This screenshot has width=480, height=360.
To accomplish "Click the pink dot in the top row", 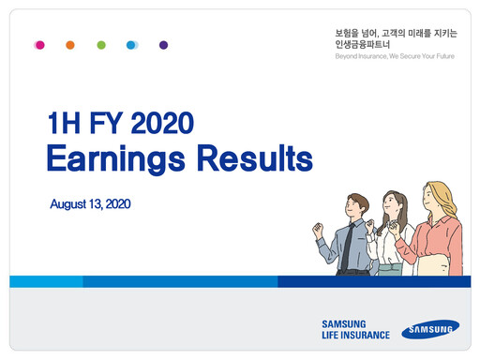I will [x=39, y=44].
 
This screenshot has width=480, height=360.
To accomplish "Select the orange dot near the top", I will [x=70, y=44].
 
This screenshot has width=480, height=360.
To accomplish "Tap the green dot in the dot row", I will [x=101, y=44].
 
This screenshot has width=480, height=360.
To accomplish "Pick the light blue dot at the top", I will [x=132, y=44].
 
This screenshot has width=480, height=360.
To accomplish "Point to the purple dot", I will [x=163, y=44].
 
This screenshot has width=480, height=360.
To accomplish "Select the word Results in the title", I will [x=249, y=157].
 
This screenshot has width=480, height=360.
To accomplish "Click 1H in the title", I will [x=64, y=123].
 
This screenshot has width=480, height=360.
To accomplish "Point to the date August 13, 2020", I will [x=90, y=203].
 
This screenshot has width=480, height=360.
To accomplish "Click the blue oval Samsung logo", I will [x=431, y=329].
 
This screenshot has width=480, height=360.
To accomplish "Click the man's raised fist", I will [x=318, y=228].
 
